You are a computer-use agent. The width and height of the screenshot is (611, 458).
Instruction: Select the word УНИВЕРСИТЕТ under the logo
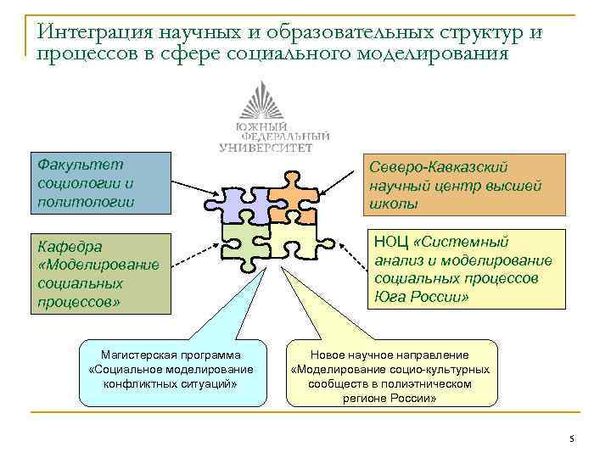[x=266, y=147]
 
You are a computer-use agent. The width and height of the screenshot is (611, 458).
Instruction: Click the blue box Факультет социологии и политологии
[x=100, y=183]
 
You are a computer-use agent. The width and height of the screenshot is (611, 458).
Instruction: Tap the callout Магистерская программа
[x=171, y=369]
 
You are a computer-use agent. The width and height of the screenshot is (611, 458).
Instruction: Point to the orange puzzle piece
[x=289, y=200]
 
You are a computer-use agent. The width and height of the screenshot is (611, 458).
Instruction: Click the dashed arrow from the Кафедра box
[x=193, y=260]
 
